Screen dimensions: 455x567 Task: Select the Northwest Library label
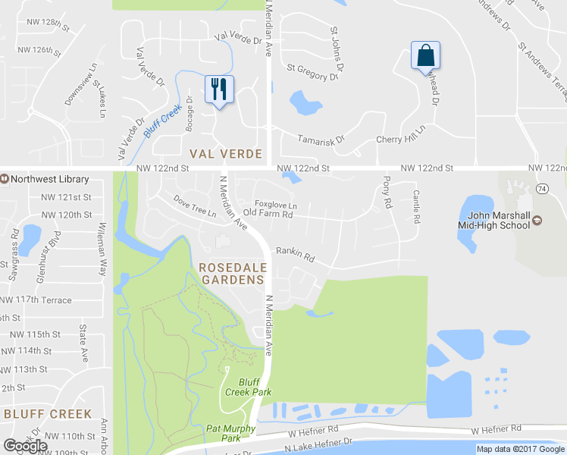49,180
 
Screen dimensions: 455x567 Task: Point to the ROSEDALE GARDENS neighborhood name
231,274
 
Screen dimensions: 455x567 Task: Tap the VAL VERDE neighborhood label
226,154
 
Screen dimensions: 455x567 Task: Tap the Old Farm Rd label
268,215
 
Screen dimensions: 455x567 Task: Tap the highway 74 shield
541,187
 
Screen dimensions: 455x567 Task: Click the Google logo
25,445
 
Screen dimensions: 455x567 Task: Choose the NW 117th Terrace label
40,299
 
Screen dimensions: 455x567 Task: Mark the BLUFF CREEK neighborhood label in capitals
47,414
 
